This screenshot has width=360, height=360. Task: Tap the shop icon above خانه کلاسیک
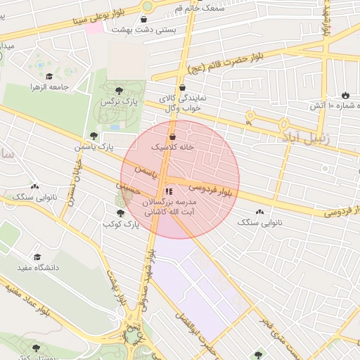tap(173, 136)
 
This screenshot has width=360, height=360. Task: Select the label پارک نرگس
tap(119, 103)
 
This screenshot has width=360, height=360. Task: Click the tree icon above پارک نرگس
tap(119, 90)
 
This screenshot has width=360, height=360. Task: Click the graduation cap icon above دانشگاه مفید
tap(37, 257)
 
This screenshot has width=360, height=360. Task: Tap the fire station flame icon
tap(345, 95)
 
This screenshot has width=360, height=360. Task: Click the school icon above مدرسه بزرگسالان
tap(167, 191)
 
